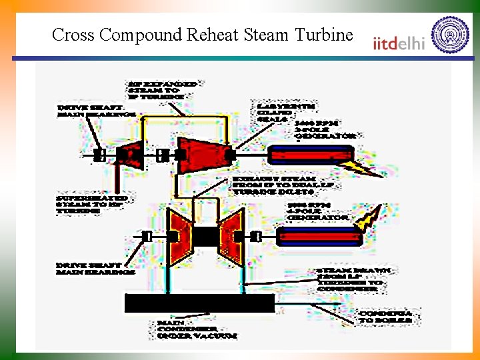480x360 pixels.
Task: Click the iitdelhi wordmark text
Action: [399, 43]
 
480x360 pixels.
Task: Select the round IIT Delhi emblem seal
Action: [450, 35]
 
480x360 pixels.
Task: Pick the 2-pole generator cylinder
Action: [310, 155]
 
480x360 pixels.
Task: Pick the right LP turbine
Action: [233, 237]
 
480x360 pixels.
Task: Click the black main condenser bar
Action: [199, 303]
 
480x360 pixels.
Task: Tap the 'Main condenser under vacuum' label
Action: [197, 329]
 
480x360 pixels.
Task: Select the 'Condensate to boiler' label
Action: [386, 316]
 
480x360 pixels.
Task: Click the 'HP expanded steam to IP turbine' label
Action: [164, 90]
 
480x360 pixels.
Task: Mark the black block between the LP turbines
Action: [206, 237]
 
